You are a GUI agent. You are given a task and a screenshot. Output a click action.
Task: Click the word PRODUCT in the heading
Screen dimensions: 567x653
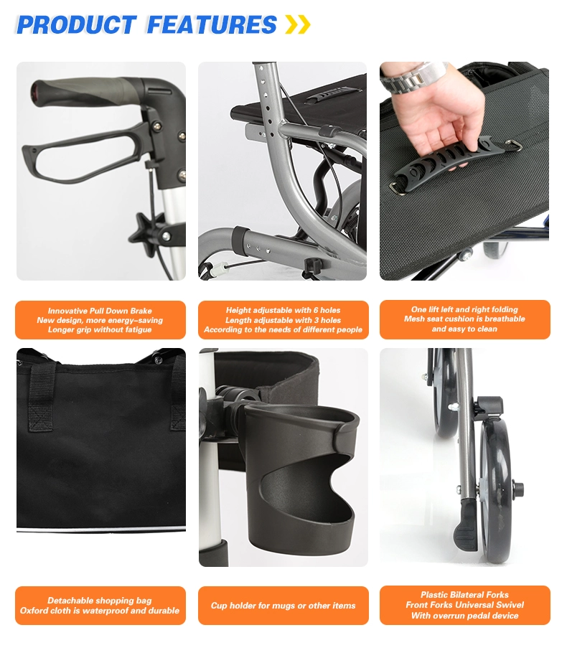coord(76,24)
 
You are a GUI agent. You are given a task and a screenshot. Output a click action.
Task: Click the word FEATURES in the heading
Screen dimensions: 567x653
coord(212,24)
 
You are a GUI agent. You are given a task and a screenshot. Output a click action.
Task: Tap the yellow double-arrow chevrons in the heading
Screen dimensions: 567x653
coord(298,24)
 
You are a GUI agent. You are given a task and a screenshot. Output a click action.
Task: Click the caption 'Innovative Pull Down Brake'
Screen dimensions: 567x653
coord(100,311)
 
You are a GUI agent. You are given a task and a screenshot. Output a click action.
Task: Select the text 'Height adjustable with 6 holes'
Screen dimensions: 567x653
coord(283,310)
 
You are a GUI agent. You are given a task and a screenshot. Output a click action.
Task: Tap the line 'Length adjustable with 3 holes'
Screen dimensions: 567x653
coord(283,320)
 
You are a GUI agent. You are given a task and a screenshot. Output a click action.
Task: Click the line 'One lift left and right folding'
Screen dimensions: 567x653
coord(464,309)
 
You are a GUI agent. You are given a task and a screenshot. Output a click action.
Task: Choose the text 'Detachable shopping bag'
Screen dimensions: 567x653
coord(100,601)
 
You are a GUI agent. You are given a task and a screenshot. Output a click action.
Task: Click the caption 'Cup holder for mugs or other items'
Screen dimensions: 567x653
coord(283,606)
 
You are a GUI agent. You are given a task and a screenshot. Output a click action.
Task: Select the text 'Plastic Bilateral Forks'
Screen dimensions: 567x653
coord(464,595)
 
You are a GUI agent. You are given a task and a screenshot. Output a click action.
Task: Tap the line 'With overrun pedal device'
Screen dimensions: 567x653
coord(465,616)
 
